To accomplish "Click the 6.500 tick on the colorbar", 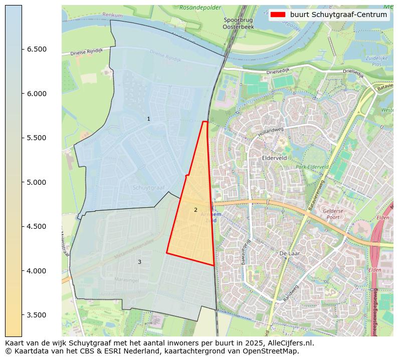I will tap(37, 49).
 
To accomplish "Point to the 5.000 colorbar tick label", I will tap(37, 182).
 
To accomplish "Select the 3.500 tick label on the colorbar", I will tap(37, 315).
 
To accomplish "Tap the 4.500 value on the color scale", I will tap(37, 226).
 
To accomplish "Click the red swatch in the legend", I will tap(278, 15).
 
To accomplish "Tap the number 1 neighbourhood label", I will tap(148, 119).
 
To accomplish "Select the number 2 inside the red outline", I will tap(195, 210).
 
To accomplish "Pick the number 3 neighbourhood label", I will tap(139, 262).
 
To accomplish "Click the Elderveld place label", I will tap(274, 157).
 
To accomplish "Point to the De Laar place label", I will tap(289, 253).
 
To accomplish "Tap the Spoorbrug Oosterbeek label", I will tap(234, 23).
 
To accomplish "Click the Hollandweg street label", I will tap(270, 132).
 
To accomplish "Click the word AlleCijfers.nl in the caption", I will tap(289, 343).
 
